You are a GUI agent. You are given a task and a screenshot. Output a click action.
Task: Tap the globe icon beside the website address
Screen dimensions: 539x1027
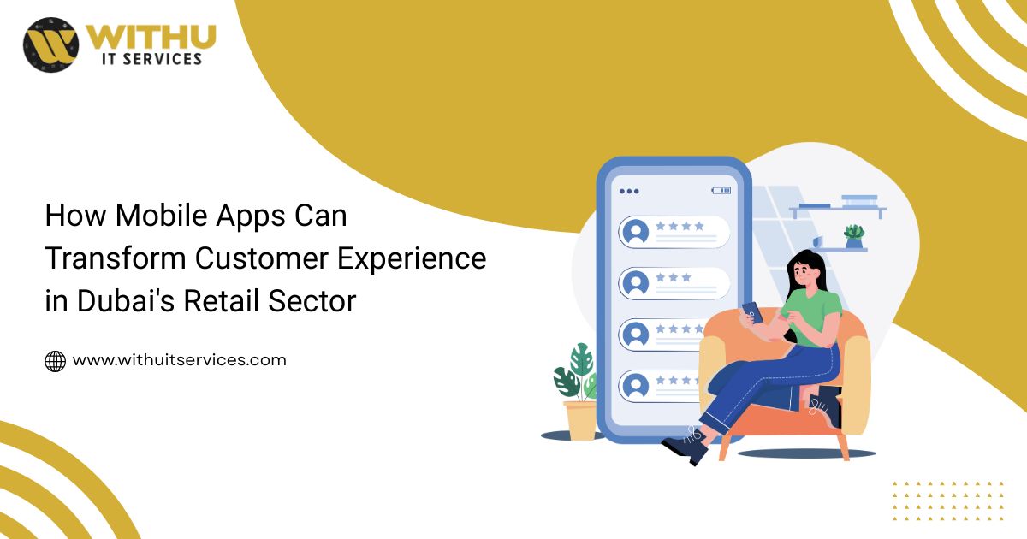click(x=55, y=361)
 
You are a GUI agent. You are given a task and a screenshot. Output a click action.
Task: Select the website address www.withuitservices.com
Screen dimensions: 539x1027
click(x=179, y=360)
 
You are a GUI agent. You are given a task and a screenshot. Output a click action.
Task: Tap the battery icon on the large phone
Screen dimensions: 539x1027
click(x=721, y=190)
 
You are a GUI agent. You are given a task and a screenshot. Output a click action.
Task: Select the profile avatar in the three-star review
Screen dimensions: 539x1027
click(x=635, y=283)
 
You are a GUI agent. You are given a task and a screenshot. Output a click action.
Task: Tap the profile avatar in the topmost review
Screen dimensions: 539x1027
click(x=635, y=232)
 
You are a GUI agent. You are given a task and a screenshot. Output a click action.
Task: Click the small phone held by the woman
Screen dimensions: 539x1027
click(x=751, y=311)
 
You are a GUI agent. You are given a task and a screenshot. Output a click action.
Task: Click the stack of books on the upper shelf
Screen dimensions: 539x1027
click(x=858, y=201)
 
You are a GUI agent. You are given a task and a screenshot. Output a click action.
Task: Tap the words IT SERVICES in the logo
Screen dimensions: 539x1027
click(x=151, y=59)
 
